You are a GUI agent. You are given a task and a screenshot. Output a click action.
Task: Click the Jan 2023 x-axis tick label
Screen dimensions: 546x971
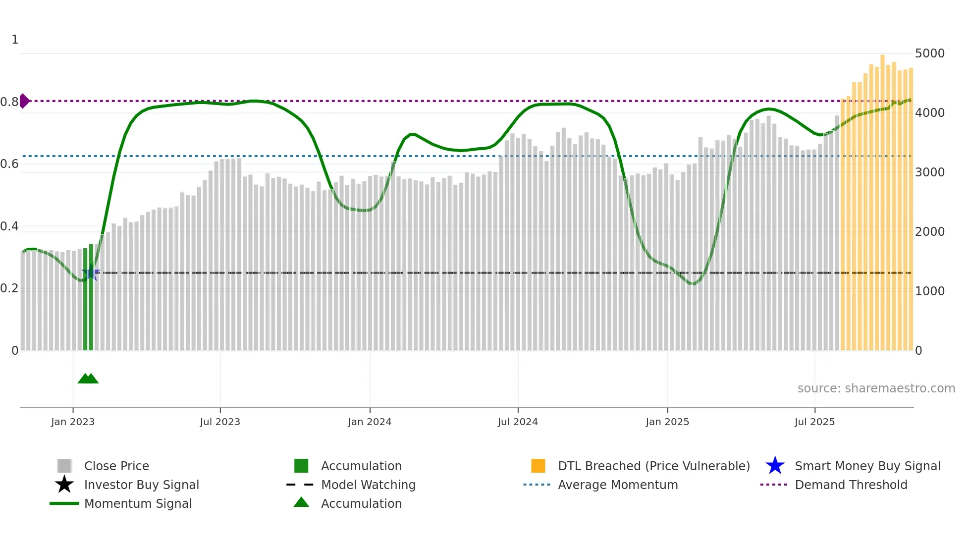[x=73, y=422]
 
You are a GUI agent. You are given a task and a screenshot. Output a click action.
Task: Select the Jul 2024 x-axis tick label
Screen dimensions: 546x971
[x=518, y=422]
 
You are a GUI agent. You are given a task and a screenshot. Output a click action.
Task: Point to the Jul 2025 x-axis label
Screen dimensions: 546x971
[x=814, y=422]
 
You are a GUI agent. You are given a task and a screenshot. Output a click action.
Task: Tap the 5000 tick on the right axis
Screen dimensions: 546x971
[x=929, y=54]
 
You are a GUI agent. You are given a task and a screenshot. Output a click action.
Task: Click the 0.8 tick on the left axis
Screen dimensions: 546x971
[x=9, y=102]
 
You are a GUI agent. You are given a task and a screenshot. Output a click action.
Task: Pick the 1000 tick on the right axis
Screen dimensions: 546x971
[x=929, y=291]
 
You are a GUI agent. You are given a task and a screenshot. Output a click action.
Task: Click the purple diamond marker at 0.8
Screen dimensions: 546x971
[x=24, y=101]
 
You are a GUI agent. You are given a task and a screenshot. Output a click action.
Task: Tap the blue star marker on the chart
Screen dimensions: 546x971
[x=91, y=273]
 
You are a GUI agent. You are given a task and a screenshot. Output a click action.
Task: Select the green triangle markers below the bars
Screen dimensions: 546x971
[x=88, y=379]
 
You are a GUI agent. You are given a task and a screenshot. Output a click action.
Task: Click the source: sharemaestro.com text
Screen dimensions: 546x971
[x=876, y=388]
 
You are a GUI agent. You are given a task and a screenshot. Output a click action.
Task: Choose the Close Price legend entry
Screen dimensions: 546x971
[x=116, y=466]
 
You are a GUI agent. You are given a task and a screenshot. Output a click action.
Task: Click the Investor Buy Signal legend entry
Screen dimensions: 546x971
[x=141, y=485]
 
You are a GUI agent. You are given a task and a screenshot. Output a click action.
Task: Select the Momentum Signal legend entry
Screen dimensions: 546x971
[x=138, y=504]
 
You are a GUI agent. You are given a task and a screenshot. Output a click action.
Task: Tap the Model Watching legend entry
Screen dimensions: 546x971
[x=368, y=485]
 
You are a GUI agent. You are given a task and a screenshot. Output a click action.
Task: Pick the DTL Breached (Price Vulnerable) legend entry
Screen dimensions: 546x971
[x=653, y=466]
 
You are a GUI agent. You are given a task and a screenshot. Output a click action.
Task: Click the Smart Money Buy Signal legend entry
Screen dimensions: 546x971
[x=867, y=466]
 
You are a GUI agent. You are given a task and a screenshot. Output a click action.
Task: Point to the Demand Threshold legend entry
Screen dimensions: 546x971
[x=851, y=485]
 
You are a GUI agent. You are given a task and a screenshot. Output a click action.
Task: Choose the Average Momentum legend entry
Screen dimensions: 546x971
[x=617, y=485]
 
